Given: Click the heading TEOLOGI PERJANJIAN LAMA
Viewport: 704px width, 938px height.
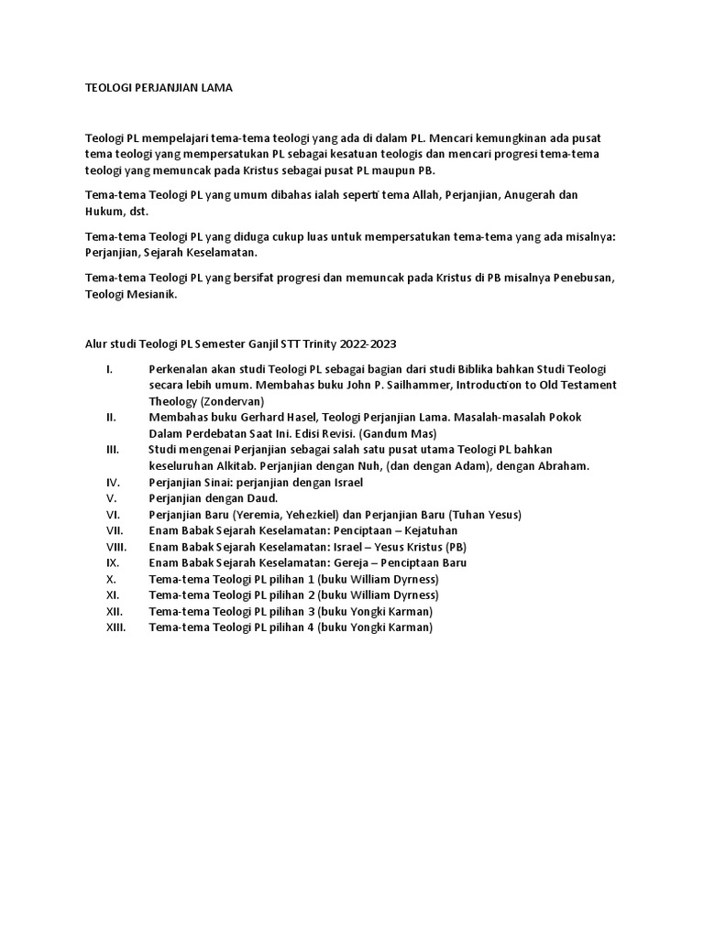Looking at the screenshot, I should click(x=159, y=88).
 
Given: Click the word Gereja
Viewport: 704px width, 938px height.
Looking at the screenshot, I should click(x=360, y=562).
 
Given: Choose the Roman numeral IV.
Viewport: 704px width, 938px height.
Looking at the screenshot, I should click(x=113, y=481).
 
